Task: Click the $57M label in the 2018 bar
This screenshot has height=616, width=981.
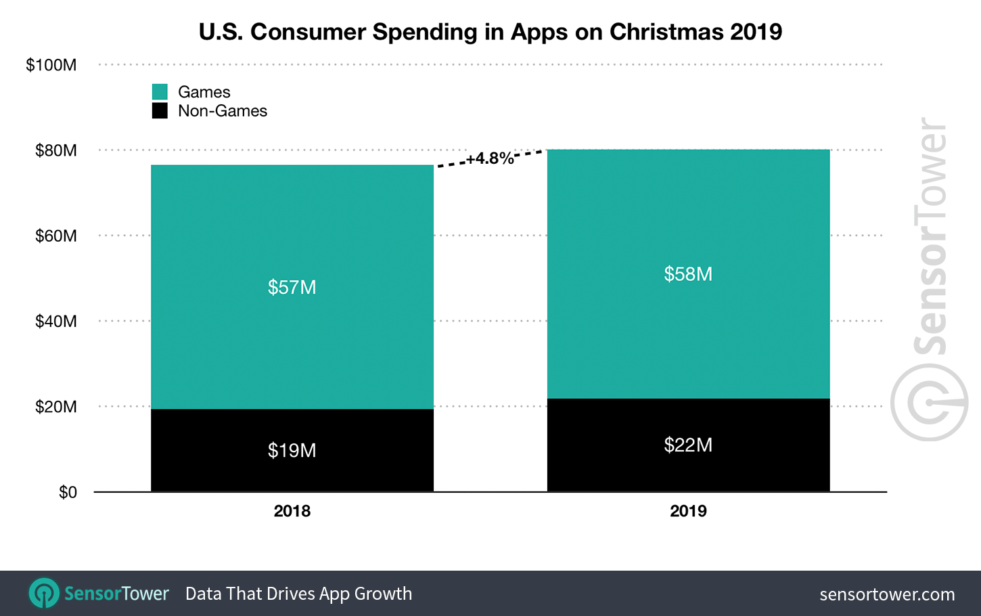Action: pyautogui.click(x=292, y=287)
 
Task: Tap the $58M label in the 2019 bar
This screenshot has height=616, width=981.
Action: pyautogui.click(x=688, y=274)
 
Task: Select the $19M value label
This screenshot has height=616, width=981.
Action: pyautogui.click(x=292, y=450)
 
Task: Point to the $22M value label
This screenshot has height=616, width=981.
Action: pyautogui.click(x=688, y=445)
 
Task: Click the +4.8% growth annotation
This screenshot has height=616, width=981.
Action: pyautogui.click(x=490, y=158)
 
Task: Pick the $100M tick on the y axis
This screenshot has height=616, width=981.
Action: pyautogui.click(x=51, y=65)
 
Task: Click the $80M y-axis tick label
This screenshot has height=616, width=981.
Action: pyautogui.click(x=56, y=150)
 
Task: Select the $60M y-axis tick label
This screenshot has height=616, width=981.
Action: pyautogui.click(x=56, y=236)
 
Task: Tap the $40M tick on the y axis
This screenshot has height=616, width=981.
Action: pyautogui.click(x=56, y=321)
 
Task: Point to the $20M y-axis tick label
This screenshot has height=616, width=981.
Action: pyautogui.click(x=56, y=407)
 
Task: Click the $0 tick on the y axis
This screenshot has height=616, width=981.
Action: pyautogui.click(x=68, y=492)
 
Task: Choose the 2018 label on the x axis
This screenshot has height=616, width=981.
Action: pyautogui.click(x=292, y=511)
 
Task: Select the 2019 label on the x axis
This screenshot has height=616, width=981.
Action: pyautogui.click(x=688, y=511)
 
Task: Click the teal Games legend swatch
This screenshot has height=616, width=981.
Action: pyautogui.click(x=160, y=92)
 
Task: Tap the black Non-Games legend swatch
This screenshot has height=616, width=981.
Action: pyautogui.click(x=160, y=111)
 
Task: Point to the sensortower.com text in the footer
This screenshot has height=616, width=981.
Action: pyautogui.click(x=887, y=594)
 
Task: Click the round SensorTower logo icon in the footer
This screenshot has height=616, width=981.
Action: pyautogui.click(x=44, y=594)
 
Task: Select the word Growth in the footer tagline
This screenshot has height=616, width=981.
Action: pyautogui.click(x=383, y=594)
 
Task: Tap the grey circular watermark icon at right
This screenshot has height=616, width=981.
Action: pyautogui.click(x=929, y=403)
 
